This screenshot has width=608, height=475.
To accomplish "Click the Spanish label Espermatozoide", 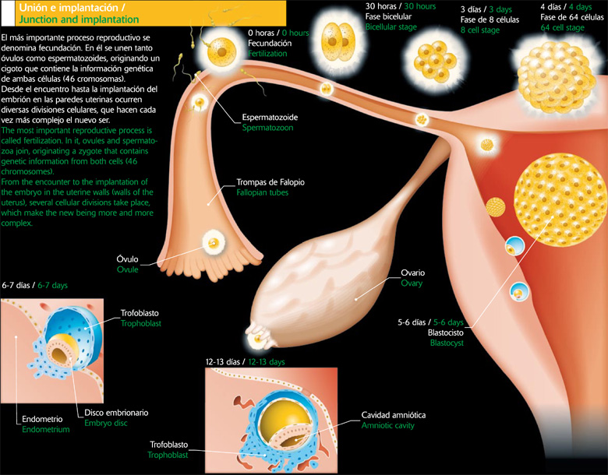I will tap(270, 117).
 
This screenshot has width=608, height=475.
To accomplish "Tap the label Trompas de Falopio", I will tap(270, 182).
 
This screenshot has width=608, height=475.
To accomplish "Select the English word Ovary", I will tap(412, 283).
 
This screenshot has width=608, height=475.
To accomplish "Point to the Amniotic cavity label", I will tap(397, 415).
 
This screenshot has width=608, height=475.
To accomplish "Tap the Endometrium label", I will tap(46, 429).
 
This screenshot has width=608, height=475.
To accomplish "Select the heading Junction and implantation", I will tap(78, 19).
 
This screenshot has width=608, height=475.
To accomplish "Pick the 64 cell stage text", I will tap(562, 28).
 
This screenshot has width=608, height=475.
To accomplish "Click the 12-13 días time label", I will tap(224, 362).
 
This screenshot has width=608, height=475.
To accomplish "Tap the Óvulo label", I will tap(127, 259).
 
